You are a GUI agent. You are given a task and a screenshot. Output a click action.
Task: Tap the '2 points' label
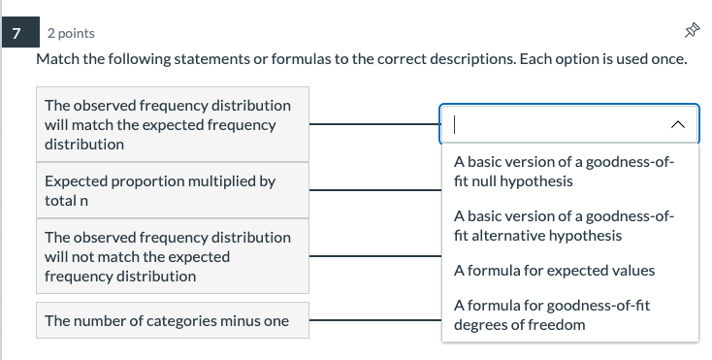pos(71,34)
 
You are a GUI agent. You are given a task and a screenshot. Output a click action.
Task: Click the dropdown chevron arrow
pos(678,124)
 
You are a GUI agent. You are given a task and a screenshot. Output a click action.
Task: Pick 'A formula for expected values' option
pos(554,270)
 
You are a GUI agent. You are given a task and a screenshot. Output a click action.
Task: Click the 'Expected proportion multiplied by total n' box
pos(172,190)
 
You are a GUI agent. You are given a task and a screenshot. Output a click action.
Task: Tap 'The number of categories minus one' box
pos(172,320)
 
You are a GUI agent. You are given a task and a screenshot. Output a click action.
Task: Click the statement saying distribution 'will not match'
pos(172,256)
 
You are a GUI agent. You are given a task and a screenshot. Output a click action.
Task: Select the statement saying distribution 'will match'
pos(172,124)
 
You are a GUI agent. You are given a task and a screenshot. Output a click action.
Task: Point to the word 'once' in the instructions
pos(669,59)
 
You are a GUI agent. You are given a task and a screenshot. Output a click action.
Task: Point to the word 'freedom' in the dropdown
pos(558,324)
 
